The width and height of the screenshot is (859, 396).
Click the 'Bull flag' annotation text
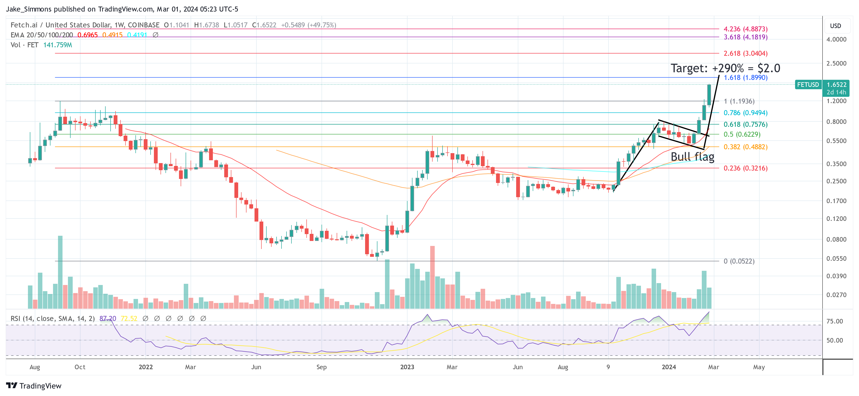(692, 157)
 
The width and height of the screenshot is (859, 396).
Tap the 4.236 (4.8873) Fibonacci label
(745, 29)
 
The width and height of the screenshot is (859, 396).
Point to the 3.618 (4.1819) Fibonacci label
(745, 37)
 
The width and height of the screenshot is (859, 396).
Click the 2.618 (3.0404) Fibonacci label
(745, 53)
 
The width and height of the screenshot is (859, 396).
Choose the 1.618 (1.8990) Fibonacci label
(745, 77)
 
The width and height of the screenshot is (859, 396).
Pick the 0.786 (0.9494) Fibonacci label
(745, 113)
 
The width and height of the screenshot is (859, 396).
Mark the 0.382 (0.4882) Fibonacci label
(745, 147)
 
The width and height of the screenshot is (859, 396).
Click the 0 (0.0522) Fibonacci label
(739, 261)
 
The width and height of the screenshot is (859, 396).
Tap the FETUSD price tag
(808, 85)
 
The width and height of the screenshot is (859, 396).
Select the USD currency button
(835, 26)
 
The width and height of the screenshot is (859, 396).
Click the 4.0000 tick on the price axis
(836, 39)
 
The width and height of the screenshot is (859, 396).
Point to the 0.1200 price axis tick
(836, 219)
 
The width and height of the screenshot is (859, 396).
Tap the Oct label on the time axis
(80, 367)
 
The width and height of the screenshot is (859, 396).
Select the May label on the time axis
(759, 367)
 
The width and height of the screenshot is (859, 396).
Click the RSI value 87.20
(108, 318)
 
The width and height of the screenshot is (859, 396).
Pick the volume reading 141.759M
(58, 45)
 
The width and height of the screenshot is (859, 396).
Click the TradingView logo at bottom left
(34, 386)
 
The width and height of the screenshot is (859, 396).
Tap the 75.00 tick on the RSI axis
(834, 321)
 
